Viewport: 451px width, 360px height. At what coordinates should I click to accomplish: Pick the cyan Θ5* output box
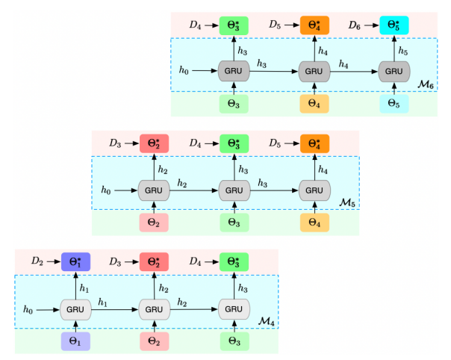[x=394, y=25]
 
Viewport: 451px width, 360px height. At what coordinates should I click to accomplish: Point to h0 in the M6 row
[x=184, y=71]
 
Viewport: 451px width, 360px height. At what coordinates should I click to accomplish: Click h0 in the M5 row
[x=105, y=190]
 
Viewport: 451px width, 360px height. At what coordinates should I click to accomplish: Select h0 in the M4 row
[x=28, y=308]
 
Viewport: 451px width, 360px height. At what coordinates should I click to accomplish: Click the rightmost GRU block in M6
[x=394, y=71]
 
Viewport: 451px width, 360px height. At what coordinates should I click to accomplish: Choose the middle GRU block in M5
[x=234, y=190]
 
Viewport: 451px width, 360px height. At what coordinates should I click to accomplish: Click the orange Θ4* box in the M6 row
[x=314, y=25]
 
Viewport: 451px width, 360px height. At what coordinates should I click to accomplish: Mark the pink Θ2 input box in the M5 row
[x=154, y=222]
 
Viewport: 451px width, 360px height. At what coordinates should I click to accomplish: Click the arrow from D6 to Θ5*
[x=370, y=25]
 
